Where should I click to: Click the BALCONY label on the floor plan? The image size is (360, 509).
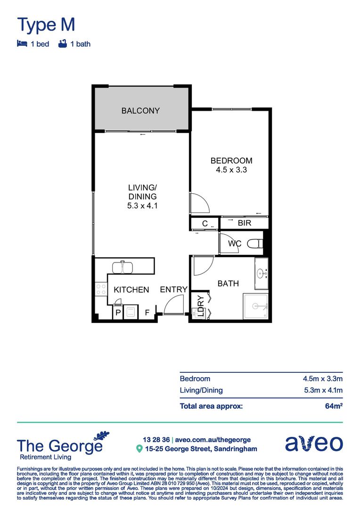click(140, 111)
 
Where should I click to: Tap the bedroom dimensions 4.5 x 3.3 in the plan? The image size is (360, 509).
click(231, 170)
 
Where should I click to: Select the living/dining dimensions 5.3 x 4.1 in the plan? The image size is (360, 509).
click(142, 205)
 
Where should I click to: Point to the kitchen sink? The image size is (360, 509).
click(123, 267)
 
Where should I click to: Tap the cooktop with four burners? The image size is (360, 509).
click(101, 288)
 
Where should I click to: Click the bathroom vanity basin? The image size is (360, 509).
click(261, 273)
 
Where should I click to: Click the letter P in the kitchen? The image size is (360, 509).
click(117, 312)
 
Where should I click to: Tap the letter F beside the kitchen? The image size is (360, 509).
click(147, 312)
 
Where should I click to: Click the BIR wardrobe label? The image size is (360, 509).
click(244, 223)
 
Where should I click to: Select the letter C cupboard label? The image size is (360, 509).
click(205, 223)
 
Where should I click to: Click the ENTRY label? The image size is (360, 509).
click(173, 289)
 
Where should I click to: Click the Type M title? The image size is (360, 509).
click(46, 24)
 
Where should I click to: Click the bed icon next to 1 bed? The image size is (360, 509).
click(22, 44)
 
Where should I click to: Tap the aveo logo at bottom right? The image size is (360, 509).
click(314, 443)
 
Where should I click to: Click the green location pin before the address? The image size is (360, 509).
click(139, 449)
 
